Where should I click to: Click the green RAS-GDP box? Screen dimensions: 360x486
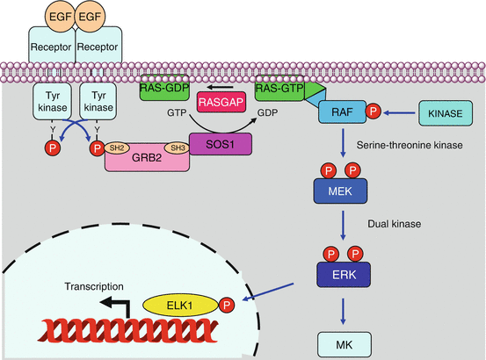166,87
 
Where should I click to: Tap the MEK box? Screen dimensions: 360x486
338,190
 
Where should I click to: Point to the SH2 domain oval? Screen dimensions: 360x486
116,147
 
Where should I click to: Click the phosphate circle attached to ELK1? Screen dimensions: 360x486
227,306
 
